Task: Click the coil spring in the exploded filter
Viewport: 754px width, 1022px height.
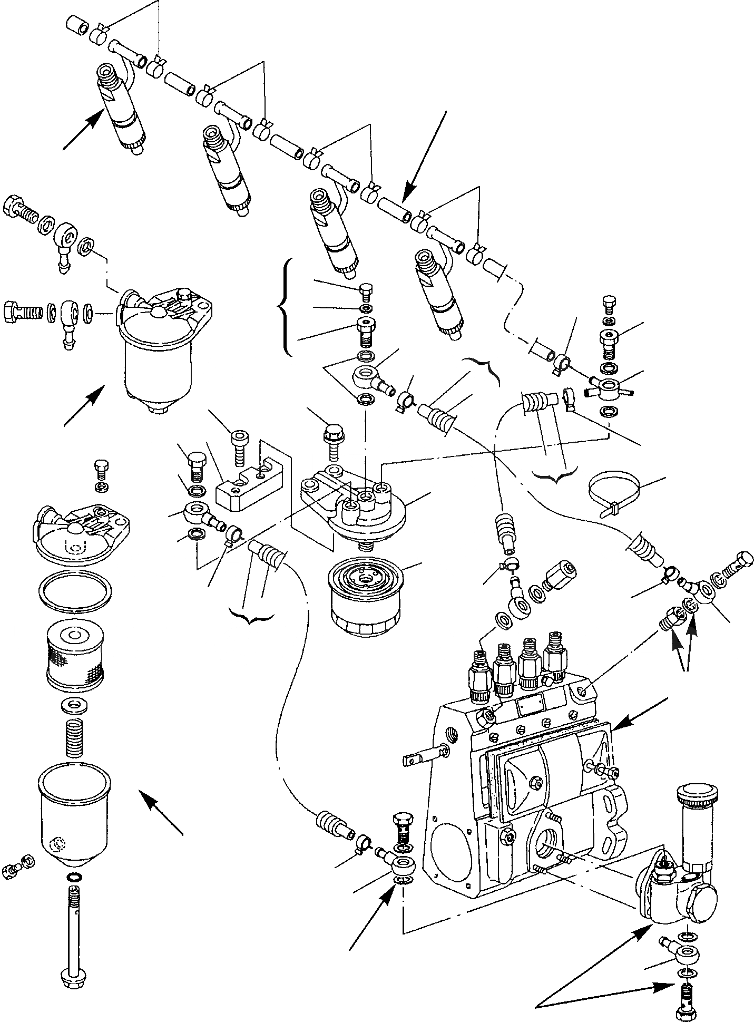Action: click(x=74, y=736)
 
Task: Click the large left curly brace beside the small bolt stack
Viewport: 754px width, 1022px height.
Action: click(x=285, y=307)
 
